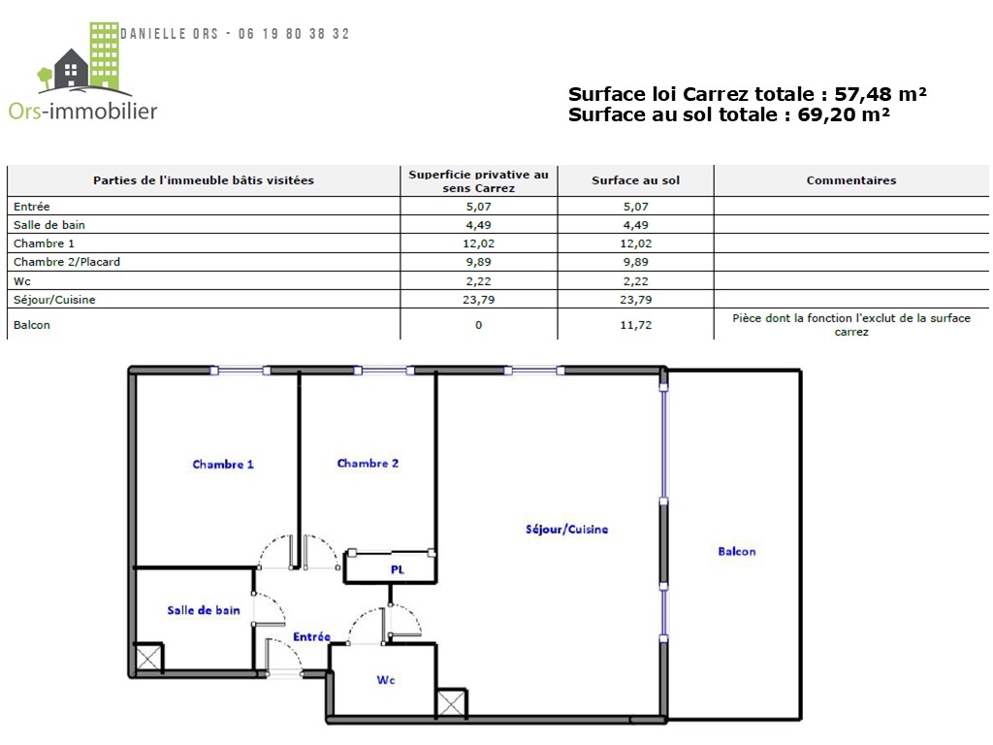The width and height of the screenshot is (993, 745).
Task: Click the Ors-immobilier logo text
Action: click(83, 111)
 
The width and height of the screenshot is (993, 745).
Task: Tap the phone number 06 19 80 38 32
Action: click(294, 34)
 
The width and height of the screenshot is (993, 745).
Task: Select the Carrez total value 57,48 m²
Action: click(881, 94)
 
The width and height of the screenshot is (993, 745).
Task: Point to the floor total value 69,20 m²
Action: click(844, 114)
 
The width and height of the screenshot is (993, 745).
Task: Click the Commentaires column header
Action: click(851, 180)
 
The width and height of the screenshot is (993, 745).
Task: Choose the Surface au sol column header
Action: click(635, 180)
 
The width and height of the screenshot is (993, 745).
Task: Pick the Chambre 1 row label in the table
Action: click(44, 243)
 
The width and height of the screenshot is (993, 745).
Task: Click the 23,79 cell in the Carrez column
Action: click(478, 300)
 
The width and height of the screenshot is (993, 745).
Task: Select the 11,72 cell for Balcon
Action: click(635, 325)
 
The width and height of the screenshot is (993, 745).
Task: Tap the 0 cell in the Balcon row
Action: click(478, 325)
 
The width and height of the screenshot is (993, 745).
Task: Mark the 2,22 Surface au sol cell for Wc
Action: click(635, 281)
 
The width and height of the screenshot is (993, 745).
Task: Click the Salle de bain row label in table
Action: click(49, 225)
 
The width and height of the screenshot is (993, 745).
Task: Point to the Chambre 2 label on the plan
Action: click(368, 463)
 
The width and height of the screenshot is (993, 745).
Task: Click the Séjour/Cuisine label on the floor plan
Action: click(566, 529)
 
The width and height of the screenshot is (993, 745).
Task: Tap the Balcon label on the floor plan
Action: click(737, 551)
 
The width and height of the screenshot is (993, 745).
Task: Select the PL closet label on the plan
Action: click(397, 569)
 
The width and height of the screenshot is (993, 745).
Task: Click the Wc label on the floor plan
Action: click(386, 680)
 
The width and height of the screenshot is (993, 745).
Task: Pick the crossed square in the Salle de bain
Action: click(148, 659)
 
